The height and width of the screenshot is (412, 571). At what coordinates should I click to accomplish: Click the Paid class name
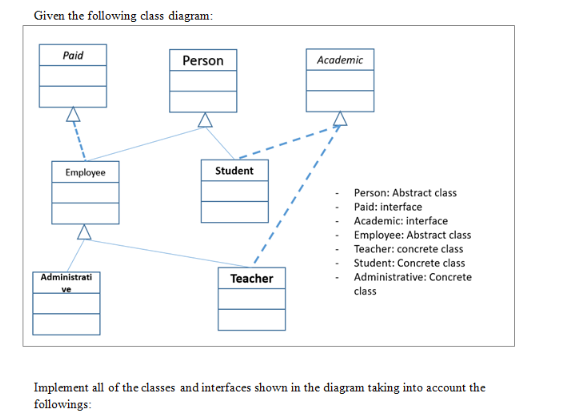pos(72,56)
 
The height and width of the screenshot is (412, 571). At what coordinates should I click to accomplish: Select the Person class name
pos(203,61)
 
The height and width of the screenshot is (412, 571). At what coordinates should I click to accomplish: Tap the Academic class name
pos(339,60)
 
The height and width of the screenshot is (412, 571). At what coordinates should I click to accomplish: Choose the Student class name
pos(234,171)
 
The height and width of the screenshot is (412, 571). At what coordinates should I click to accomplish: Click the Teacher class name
pos(251,278)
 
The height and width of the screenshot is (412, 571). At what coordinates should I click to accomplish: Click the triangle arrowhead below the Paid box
pos(71,116)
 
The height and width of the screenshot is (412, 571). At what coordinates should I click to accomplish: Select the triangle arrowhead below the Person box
pos(204,121)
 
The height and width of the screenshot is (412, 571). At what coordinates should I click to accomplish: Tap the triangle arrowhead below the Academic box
pos(339,121)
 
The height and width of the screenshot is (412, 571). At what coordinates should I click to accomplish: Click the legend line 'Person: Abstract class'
pos(405,193)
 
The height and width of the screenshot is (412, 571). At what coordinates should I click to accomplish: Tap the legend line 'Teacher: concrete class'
pos(408,249)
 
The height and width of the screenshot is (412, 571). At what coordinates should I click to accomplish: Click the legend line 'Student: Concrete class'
pos(409,263)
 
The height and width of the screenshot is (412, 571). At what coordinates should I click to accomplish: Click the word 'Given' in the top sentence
pos(50,16)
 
